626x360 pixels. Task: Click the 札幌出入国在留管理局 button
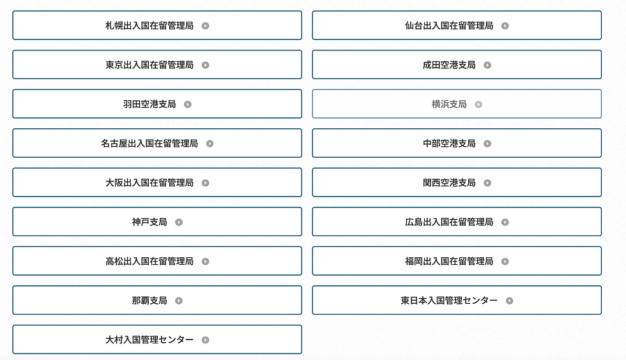(x=156, y=26)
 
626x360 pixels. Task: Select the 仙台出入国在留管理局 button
(x=456, y=26)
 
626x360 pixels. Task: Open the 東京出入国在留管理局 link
(x=156, y=65)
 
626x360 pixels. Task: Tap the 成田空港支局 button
(x=456, y=65)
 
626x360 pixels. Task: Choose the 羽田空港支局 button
(x=156, y=104)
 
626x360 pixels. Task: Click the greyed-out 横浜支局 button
(x=456, y=104)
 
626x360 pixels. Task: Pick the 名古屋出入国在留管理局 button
(x=156, y=144)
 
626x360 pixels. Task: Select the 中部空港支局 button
(x=456, y=144)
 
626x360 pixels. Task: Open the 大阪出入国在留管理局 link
(x=156, y=183)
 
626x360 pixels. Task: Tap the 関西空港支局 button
(x=456, y=183)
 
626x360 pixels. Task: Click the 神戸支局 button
(x=156, y=222)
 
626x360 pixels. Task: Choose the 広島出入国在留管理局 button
(x=456, y=222)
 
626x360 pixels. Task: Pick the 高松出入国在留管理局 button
(x=156, y=261)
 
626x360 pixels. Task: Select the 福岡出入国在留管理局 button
(x=456, y=261)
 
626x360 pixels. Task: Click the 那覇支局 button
(x=156, y=301)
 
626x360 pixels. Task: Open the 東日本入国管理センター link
(x=456, y=301)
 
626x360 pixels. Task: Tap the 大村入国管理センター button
(x=156, y=340)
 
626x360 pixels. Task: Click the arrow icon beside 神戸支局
(x=179, y=222)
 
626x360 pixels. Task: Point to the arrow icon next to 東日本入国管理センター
(x=509, y=301)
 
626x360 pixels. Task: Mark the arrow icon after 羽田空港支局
(x=188, y=104)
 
